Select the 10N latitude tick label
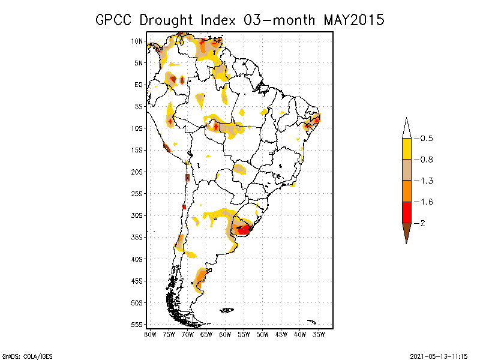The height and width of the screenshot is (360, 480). (137, 41)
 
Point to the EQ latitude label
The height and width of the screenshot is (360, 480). (139, 85)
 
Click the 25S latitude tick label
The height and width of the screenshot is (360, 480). (137, 194)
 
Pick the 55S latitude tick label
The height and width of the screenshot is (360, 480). (137, 325)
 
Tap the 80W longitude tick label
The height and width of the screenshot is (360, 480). (150, 334)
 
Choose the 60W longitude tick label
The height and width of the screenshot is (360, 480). (225, 334)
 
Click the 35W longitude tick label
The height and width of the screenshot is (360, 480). (319, 334)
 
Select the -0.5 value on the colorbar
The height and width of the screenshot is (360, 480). (426, 139)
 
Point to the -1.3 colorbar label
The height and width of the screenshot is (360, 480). (426, 181)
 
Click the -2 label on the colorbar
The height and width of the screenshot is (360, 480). (423, 223)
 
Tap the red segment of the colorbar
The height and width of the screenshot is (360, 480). (406, 212)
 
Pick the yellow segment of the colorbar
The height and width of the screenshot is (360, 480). (406, 149)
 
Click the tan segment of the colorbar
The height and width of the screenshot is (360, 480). (406, 170)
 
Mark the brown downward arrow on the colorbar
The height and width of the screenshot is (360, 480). (406, 232)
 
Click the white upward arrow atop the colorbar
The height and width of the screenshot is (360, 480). (406, 128)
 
